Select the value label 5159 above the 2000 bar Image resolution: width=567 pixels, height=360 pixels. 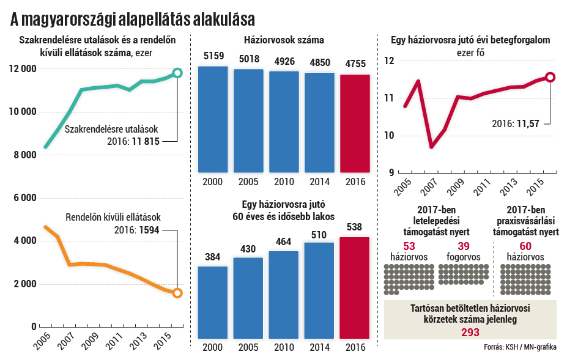tap(213, 57)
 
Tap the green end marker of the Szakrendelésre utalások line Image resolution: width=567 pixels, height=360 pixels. tap(177, 73)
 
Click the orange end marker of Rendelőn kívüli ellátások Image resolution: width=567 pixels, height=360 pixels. tap(177, 293)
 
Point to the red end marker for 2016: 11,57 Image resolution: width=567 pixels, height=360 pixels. tap(550, 77)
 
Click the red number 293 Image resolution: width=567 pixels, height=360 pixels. tap(470, 332)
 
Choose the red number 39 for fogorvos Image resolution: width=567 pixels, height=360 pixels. tap(463, 245)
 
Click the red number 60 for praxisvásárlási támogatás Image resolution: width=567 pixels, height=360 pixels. tap(525, 245)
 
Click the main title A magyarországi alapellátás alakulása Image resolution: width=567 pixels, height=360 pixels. tap(132, 20)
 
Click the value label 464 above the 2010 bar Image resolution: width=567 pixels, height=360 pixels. tap(284, 242)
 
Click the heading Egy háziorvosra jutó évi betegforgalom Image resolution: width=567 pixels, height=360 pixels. tap(470, 41)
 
